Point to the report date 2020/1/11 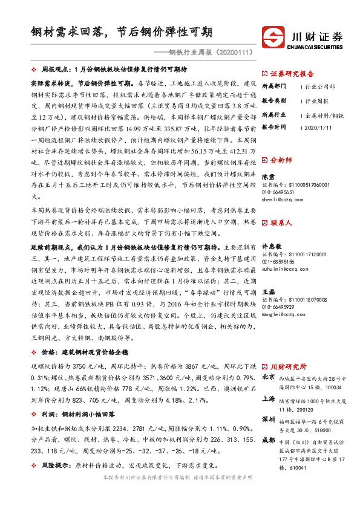click(319, 127)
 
